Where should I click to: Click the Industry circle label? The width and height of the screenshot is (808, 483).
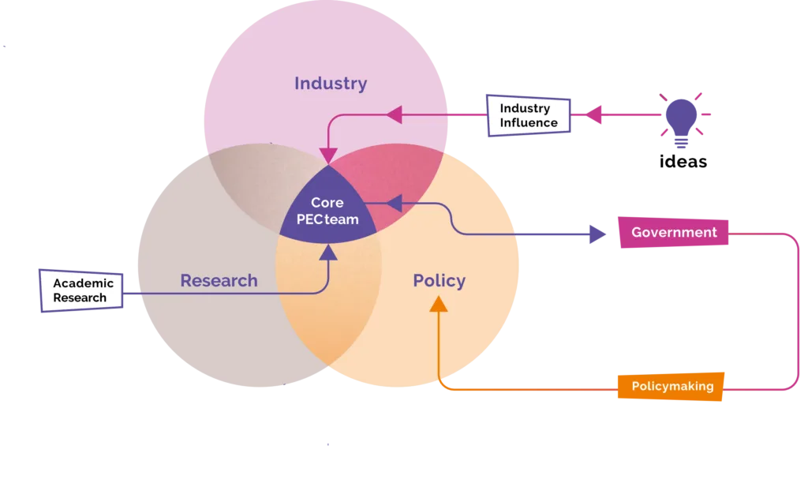coord(331,83)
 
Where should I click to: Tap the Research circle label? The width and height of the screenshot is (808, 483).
coord(219,280)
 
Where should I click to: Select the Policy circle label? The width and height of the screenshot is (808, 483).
coord(440,280)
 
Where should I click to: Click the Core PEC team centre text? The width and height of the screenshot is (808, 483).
coord(327,212)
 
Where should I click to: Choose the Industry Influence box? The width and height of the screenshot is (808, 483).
coord(529,115)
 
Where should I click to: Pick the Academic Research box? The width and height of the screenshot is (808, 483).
coord(83,290)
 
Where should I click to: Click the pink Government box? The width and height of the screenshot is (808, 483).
coord(674,232)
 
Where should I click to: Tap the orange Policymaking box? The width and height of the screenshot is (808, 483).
coord(671,386)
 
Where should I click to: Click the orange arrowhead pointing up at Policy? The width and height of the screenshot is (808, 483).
coord(439,303)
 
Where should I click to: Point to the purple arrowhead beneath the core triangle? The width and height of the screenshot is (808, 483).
coord(327,252)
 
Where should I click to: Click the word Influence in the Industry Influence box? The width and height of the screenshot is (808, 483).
coord(529,123)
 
